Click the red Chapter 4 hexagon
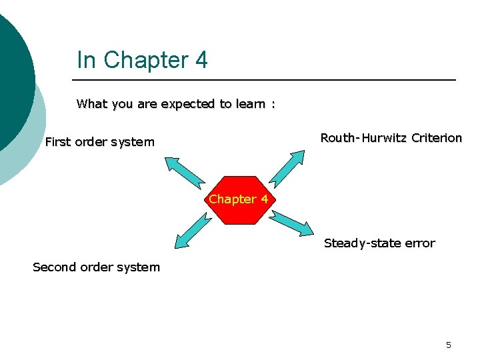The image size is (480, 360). tap(239, 199)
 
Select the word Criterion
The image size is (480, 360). tap(437, 138)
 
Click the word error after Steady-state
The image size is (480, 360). tap(420, 243)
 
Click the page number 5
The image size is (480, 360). tap(448, 345)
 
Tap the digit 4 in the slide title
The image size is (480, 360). tap(201, 60)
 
